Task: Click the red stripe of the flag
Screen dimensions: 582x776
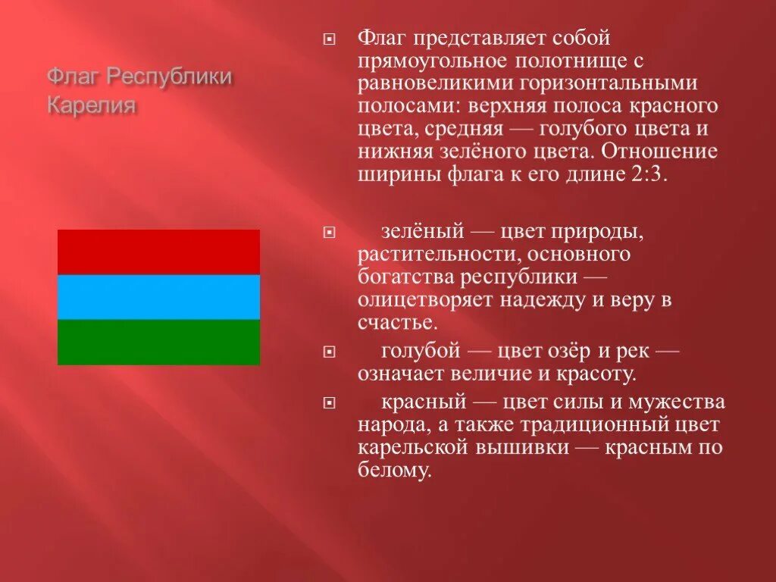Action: (x=158, y=252)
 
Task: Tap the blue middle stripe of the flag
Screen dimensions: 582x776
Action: (x=158, y=297)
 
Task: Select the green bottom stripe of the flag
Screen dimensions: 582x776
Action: (x=158, y=342)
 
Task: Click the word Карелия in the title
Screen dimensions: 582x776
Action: (x=92, y=105)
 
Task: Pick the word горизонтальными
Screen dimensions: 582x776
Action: (x=607, y=83)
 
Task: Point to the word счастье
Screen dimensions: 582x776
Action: (x=397, y=322)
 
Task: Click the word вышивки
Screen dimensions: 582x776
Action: (x=528, y=447)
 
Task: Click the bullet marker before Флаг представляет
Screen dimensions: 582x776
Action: (x=327, y=38)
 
